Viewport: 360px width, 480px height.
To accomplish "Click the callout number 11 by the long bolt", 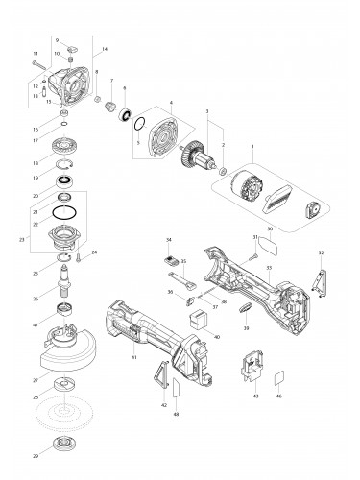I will [36, 53].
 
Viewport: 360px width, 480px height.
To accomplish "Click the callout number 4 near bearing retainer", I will [169, 104].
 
